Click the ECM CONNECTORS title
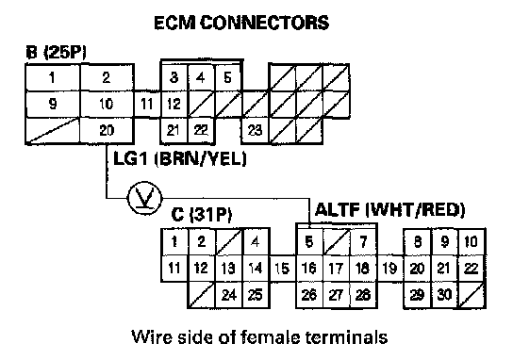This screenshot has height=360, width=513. (241, 23)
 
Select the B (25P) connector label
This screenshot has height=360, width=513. (56, 53)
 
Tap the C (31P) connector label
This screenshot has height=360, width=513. (202, 215)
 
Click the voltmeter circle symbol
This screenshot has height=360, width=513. (144, 198)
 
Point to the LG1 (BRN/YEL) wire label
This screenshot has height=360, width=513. (179, 159)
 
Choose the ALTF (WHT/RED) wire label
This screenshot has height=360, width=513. (389, 210)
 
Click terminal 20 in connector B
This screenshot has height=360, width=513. (107, 130)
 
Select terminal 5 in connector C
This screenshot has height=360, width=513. (309, 241)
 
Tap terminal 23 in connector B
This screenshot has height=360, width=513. (255, 130)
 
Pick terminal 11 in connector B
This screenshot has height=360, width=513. (147, 105)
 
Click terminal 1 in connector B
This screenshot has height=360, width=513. (53, 78)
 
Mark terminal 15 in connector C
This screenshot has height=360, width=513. (282, 269)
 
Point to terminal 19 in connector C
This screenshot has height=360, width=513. (390, 269)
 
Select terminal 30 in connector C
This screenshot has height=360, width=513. (444, 295)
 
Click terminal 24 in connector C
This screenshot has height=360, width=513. (229, 295)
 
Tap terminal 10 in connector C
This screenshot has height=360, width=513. (472, 241)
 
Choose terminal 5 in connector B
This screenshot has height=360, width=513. (227, 78)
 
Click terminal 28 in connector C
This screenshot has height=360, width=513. (363, 295)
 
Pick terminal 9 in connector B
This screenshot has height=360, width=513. (53, 105)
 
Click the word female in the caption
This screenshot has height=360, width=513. (273, 336)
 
